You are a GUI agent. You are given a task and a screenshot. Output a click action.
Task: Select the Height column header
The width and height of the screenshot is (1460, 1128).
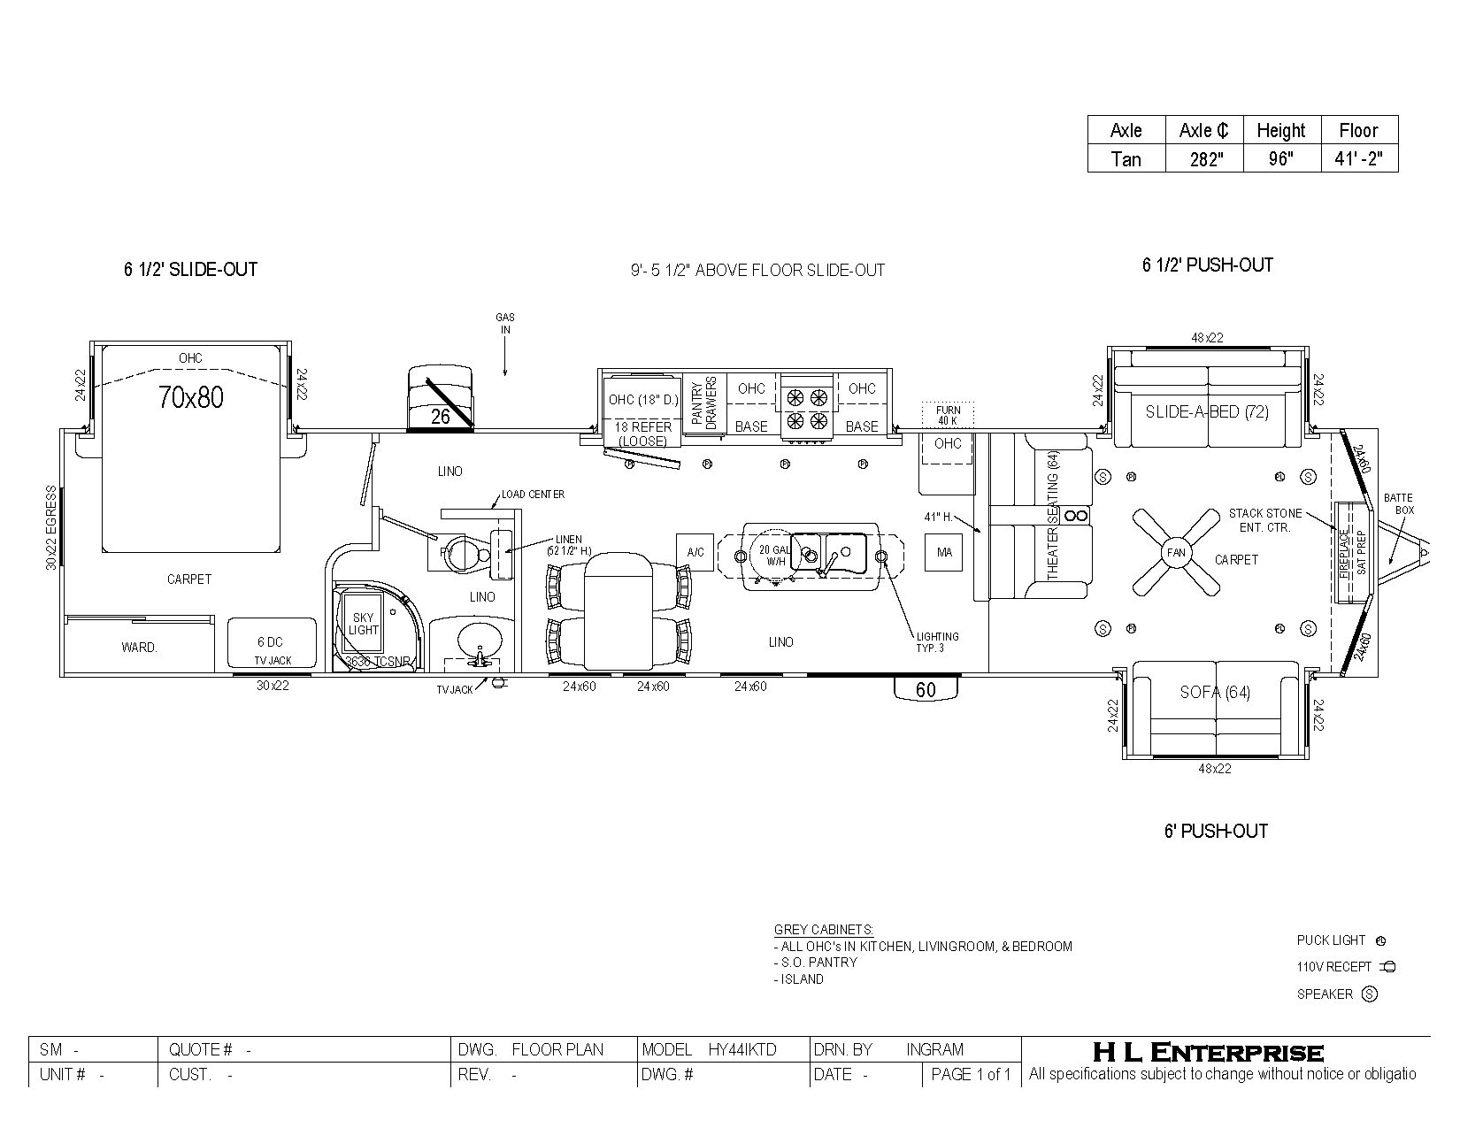coord(1280,130)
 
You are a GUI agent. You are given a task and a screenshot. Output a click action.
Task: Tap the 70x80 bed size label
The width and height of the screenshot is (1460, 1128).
coord(191,397)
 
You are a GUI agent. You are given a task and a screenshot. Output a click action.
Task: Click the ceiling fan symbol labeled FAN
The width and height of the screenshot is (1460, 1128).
coord(1176,553)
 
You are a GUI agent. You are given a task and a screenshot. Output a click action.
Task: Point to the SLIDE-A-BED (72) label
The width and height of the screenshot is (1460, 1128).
coord(1207,411)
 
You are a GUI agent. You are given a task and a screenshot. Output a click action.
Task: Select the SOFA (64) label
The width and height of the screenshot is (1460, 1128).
coord(1215,692)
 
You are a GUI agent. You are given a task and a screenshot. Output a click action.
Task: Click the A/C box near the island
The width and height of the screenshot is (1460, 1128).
coord(695,552)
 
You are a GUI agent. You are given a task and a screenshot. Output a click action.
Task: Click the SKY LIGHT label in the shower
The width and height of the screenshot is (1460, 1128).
coord(363,624)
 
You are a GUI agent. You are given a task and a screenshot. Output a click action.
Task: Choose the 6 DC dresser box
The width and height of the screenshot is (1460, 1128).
coord(272,642)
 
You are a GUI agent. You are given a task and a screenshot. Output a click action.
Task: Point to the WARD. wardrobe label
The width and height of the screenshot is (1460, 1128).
coord(139,648)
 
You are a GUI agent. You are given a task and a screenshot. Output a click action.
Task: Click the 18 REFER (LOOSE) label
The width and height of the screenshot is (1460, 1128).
coord(642,434)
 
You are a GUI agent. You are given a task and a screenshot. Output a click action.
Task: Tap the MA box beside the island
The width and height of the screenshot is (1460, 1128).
coord(944,552)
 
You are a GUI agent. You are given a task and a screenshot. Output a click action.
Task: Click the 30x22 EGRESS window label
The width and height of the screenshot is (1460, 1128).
coord(52,526)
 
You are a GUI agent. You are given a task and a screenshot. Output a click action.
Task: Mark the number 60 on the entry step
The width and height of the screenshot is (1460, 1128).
coord(926,690)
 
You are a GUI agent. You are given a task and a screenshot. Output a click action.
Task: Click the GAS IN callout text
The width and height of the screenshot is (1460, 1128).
coord(504,323)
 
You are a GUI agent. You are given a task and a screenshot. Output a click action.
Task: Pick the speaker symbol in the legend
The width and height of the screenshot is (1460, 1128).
coord(1370,994)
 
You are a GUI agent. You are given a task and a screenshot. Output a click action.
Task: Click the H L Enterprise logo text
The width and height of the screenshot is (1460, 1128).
coord(1208,1052)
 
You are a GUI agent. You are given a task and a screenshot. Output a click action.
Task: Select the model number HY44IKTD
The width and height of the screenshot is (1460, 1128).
coord(742,1049)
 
